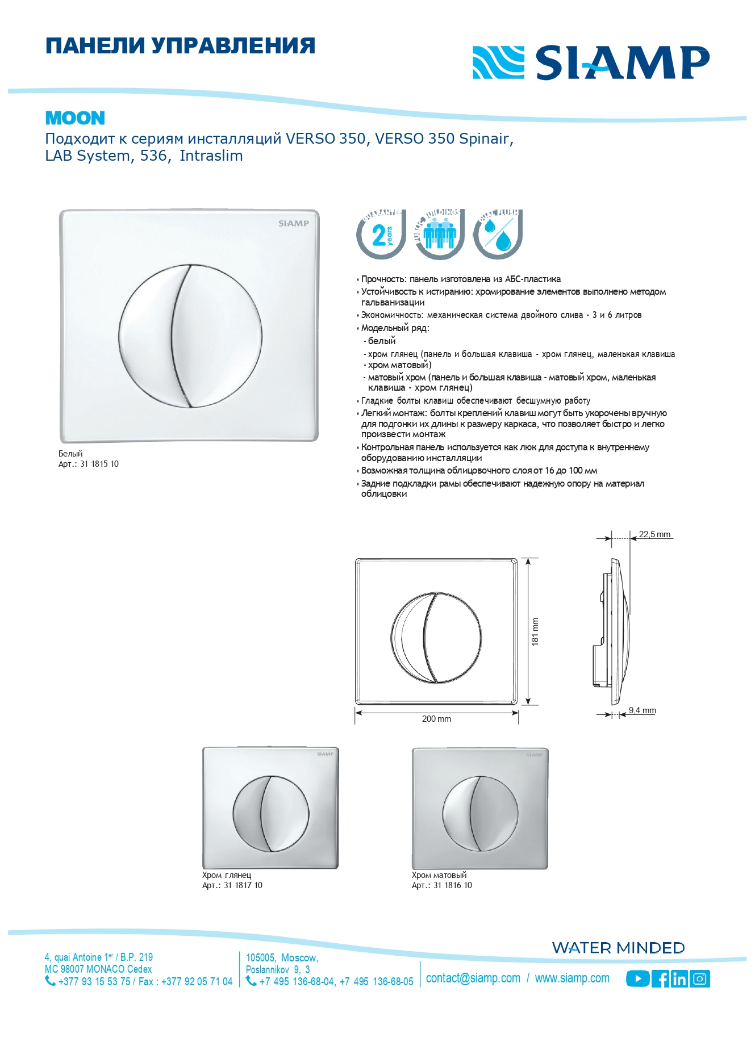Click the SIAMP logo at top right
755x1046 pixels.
(591, 62)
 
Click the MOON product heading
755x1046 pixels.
(75, 118)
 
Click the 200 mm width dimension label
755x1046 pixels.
(436, 719)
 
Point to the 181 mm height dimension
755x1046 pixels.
(535, 631)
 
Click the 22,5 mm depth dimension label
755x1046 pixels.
(654, 534)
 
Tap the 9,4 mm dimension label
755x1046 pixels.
(643, 710)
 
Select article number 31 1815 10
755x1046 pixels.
(99, 464)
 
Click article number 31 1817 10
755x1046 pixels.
(243, 885)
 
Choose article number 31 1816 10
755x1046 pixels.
(453, 885)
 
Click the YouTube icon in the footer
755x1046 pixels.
(637, 978)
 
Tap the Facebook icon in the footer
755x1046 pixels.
(661, 978)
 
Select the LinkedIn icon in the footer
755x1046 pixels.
(679, 978)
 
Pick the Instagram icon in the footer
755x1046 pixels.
(700, 978)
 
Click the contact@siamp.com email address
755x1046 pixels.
(473, 978)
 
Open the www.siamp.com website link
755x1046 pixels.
(572, 978)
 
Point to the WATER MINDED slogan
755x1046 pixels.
(618, 948)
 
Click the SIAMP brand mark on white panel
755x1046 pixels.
(294, 224)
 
